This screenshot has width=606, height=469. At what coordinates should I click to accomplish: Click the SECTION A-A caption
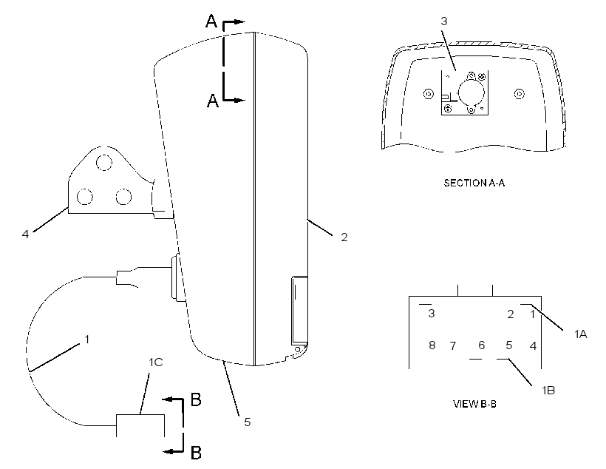(474, 183)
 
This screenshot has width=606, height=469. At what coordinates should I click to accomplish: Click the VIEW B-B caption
(474, 404)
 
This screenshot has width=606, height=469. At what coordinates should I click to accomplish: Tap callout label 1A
(580, 334)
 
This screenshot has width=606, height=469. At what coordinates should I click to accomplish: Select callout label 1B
(548, 391)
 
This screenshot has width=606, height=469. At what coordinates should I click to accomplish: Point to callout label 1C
(156, 362)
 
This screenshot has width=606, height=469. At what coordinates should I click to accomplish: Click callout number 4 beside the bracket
(25, 234)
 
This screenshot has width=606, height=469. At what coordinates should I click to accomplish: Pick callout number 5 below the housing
(248, 422)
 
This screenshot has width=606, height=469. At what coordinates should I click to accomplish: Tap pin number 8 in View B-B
(432, 345)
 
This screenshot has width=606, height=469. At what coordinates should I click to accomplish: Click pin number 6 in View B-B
(482, 345)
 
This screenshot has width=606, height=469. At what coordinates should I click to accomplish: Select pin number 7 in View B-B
(453, 345)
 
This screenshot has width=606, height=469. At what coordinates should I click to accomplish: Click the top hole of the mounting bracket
(104, 163)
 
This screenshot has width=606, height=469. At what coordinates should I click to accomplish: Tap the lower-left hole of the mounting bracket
(85, 197)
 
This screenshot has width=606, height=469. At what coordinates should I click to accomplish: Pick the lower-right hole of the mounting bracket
(123, 197)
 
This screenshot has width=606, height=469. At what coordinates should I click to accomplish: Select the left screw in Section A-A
(429, 94)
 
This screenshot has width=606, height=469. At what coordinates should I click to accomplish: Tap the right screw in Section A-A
(520, 94)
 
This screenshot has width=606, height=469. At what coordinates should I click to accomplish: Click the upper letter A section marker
(211, 21)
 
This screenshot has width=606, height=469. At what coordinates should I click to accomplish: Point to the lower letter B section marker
(197, 452)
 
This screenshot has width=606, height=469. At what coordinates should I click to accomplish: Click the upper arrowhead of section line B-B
(166, 399)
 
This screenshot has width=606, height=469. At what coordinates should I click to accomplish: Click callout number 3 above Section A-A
(444, 21)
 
